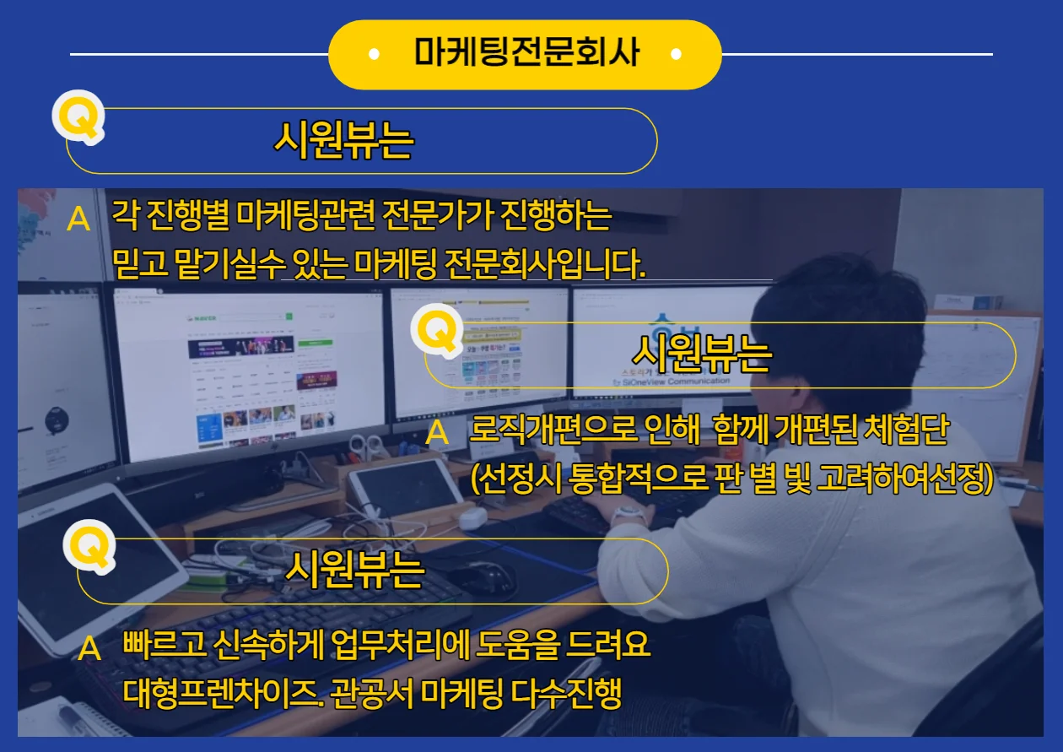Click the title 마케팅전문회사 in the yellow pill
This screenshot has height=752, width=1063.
pyautogui.click(x=526, y=54)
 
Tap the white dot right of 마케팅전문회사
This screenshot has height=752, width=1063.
pyautogui.click(x=676, y=55)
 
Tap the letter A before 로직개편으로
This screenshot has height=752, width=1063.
pyautogui.click(x=437, y=434)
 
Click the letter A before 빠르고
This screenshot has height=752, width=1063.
pyautogui.click(x=89, y=649)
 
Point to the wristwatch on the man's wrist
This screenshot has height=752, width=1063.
pyautogui.click(x=629, y=512)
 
